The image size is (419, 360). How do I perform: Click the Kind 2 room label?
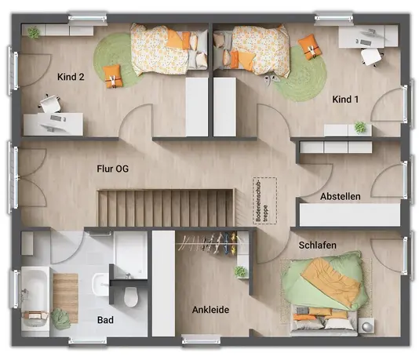click(71, 77)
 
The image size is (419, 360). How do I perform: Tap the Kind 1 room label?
click(345, 100)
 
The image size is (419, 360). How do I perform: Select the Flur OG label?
click(112, 169)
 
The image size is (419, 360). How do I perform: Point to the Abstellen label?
click(341, 197)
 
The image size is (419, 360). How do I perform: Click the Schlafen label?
click(318, 245)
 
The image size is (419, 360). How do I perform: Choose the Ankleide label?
click(210, 310)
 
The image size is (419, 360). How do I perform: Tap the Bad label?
click(105, 320)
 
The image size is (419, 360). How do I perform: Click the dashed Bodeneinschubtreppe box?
click(264, 201)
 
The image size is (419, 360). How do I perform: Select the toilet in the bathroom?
click(131, 296)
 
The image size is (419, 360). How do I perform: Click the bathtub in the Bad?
click(35, 299)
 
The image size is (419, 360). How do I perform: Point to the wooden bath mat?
click(65, 298)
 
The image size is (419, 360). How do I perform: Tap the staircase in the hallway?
click(166, 208)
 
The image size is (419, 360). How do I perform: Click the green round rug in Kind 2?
click(114, 60)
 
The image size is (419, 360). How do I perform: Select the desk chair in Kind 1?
click(371, 56)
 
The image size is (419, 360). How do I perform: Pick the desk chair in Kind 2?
click(50, 104)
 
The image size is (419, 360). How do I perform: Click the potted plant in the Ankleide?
click(241, 271)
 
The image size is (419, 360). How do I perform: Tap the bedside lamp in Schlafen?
click(366, 325)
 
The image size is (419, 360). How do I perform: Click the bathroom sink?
click(100, 284)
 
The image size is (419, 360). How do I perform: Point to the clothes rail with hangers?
click(209, 243)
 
